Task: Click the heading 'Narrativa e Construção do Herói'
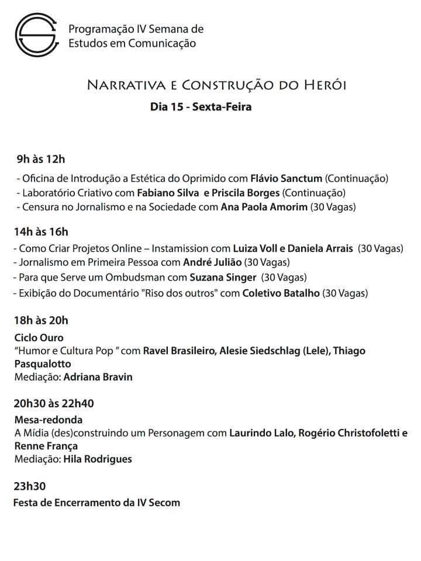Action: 216,85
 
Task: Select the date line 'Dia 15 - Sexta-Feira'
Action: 201,107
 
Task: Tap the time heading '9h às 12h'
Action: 41,159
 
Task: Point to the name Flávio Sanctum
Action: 286,178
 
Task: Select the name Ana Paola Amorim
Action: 264,207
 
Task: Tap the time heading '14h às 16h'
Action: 41,232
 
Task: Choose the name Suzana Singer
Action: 222,277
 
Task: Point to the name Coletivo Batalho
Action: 281,293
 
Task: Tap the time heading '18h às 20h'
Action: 41,320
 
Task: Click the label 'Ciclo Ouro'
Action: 39,338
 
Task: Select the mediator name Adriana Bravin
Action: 98,377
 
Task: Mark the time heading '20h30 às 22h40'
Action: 54,403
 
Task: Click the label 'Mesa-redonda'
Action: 48,420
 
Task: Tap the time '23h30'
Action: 29,486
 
